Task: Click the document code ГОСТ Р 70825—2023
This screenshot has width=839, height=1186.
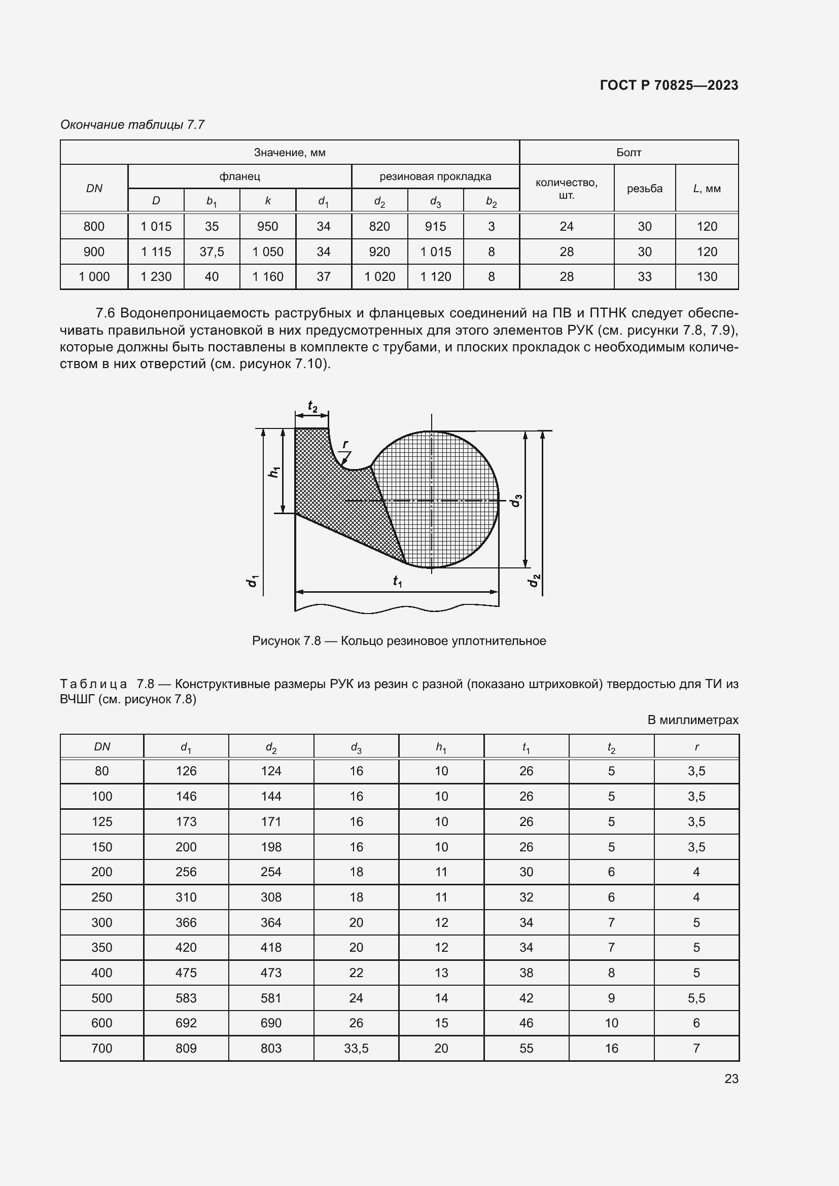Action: coord(669,85)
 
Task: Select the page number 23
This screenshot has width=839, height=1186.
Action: coord(731,1079)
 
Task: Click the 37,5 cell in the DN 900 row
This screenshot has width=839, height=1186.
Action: coord(212,251)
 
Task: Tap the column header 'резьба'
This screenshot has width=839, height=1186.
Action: coord(644,189)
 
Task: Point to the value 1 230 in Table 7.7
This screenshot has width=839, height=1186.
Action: coord(156,277)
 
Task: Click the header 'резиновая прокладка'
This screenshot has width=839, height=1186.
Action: coord(435,176)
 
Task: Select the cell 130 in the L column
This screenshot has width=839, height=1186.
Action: coord(706,277)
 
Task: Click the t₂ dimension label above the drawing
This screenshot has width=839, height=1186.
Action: coord(312,407)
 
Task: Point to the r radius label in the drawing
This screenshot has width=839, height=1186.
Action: coord(345,444)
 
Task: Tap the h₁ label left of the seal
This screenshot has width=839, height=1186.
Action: coord(274,471)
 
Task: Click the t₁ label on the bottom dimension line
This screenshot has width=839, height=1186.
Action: coord(397,581)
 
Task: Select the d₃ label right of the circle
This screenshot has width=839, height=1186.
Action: coord(515,500)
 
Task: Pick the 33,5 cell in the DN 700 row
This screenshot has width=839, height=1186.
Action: coord(356,1049)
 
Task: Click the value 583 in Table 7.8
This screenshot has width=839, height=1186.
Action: coord(186,998)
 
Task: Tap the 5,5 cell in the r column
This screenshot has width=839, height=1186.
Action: coord(696,998)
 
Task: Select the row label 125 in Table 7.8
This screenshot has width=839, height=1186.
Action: coord(102,822)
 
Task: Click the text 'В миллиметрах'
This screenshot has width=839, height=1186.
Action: coord(692,720)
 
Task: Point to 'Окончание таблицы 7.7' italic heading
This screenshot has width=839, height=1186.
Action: coord(132,125)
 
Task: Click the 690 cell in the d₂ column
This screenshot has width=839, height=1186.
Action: coord(271,1023)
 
